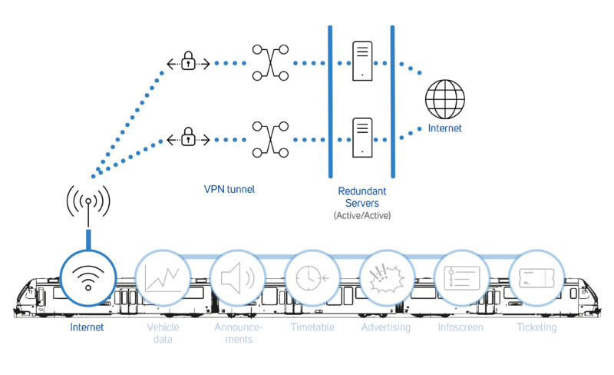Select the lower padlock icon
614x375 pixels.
pyautogui.click(x=187, y=138)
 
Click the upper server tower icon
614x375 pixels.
pyautogui.click(x=361, y=60)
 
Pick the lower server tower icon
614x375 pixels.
pyautogui.click(x=361, y=138)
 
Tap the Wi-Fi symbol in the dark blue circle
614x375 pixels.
pyautogui.click(x=87, y=277)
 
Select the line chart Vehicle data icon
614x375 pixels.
pyautogui.click(x=161, y=277)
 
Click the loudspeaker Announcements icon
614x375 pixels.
pyautogui.click(x=237, y=277)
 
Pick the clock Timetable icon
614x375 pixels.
pyautogui.click(x=311, y=277)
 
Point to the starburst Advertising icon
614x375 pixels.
pyautogui.click(x=385, y=277)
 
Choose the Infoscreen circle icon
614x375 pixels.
pyautogui.click(x=460, y=277)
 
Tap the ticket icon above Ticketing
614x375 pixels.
pyautogui.click(x=535, y=277)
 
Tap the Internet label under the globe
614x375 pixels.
pyautogui.click(x=445, y=129)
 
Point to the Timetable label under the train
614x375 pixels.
pyautogui.click(x=312, y=327)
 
